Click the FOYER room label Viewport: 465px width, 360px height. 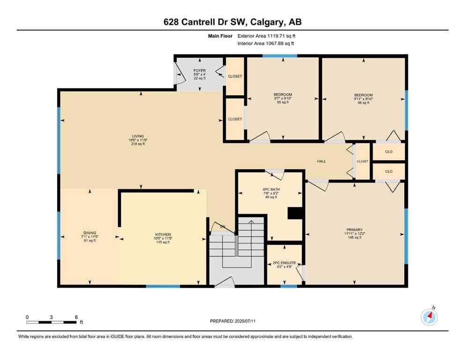pyautogui.click(x=199, y=71)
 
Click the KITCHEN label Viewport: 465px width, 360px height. pyautogui.click(x=163, y=234)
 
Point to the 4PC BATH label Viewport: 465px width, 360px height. pyautogui.click(x=270, y=190)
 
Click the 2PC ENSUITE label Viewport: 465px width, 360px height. pyautogui.click(x=284, y=263)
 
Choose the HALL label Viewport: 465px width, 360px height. pyautogui.click(x=322, y=162)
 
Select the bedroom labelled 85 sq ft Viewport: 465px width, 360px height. pyautogui.click(x=283, y=95)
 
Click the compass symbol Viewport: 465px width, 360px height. pyautogui.click(x=429, y=317)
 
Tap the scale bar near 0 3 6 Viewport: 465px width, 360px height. pyautogui.click(x=52, y=322)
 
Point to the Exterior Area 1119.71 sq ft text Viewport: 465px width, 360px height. pyautogui.click(x=266, y=36)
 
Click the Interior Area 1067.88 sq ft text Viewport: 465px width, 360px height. pyautogui.click(x=266, y=44)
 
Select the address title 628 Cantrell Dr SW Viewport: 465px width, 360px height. pyautogui.click(x=232, y=22)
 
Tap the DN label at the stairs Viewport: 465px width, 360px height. pyautogui.click(x=222, y=227)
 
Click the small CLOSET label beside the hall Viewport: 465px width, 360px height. pyautogui.click(x=362, y=162)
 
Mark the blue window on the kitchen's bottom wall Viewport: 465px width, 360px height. pyautogui.click(x=162, y=286)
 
